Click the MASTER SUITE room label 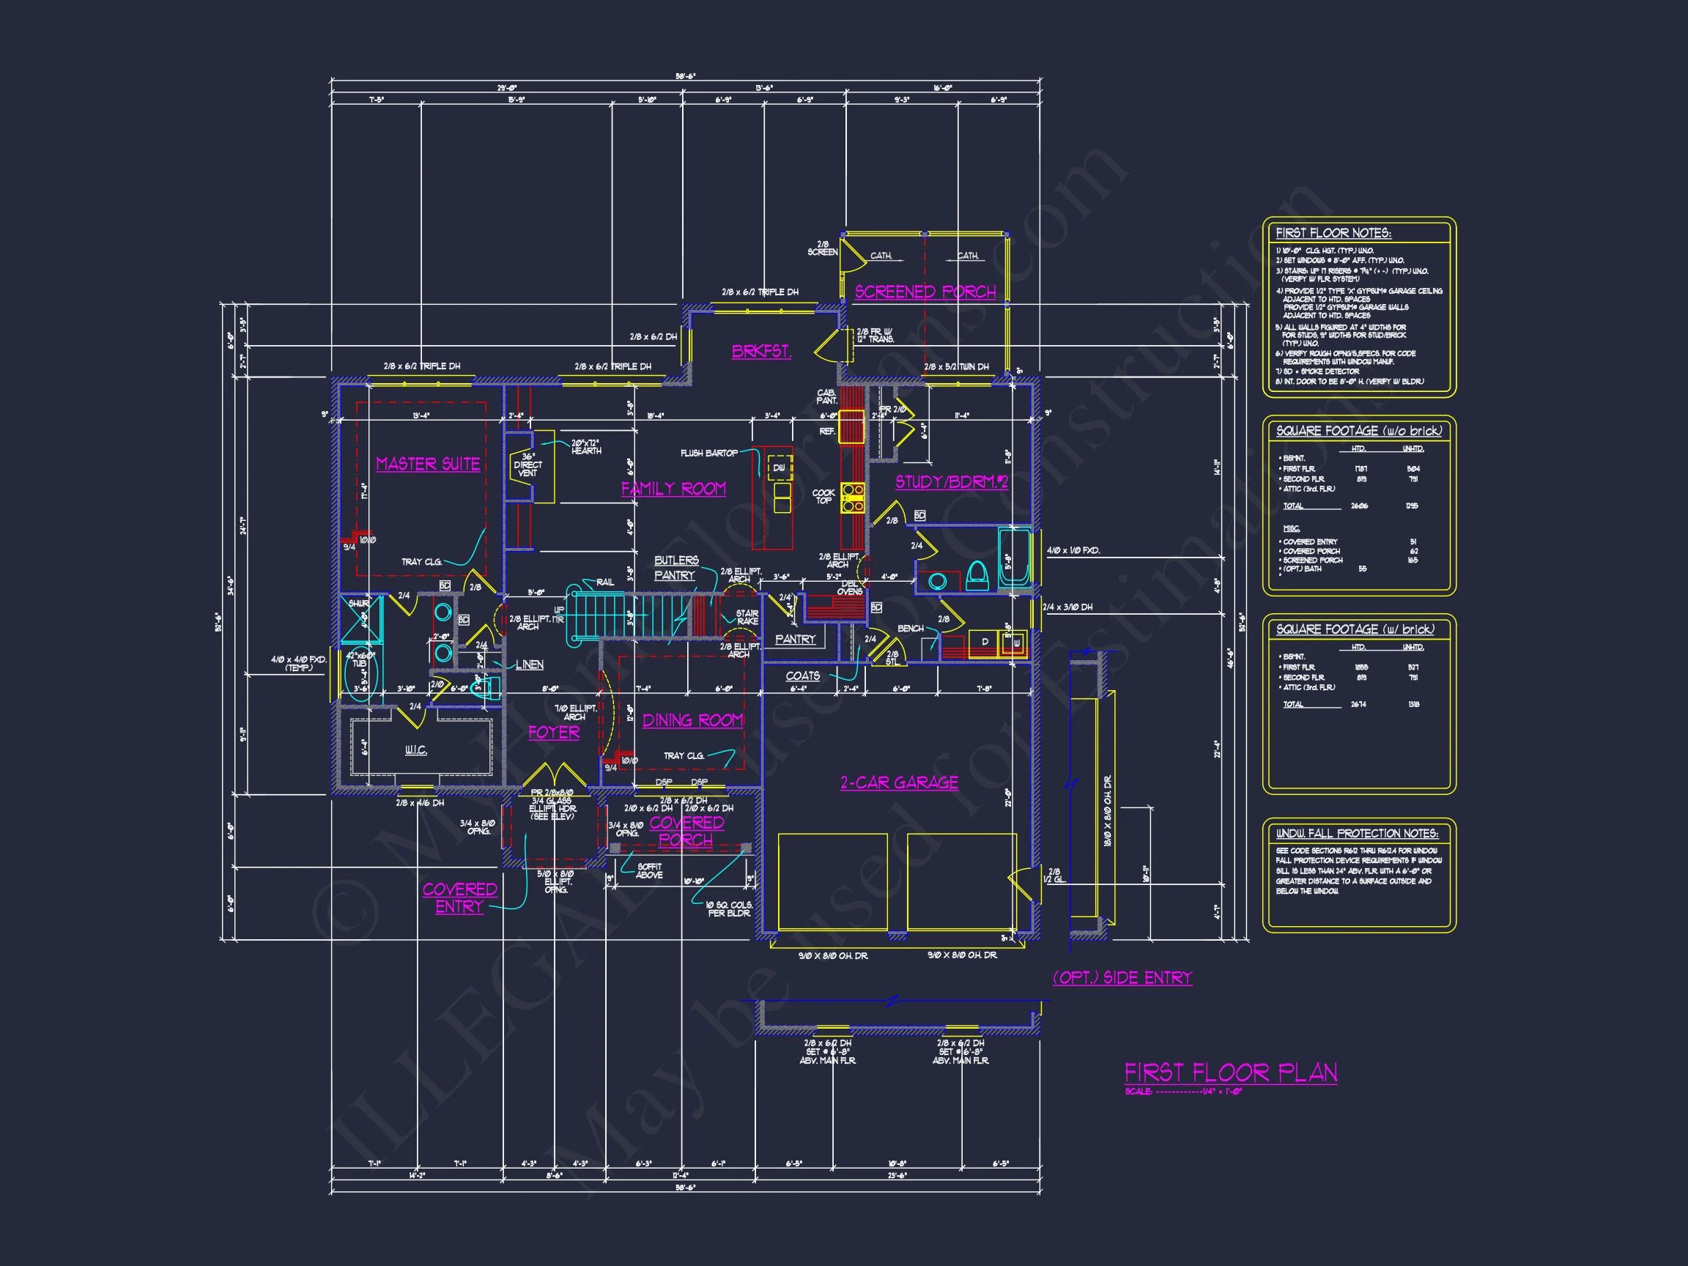(x=427, y=464)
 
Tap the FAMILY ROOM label (x=673, y=489)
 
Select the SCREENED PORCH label (x=925, y=292)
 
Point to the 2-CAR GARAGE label (x=899, y=783)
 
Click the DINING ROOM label (x=692, y=720)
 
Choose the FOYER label (x=554, y=733)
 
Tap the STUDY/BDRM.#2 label (x=952, y=482)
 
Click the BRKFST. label (x=760, y=352)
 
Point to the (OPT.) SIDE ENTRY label (x=1122, y=978)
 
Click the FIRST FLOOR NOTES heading (x=1333, y=234)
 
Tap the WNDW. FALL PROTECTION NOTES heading (x=1357, y=833)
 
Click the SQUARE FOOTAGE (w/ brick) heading (x=1355, y=629)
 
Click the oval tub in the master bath (x=359, y=675)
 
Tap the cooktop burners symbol (x=852, y=497)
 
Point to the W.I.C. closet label (x=415, y=751)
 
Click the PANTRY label (x=795, y=640)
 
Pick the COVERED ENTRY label (x=459, y=898)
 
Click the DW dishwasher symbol (x=779, y=467)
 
